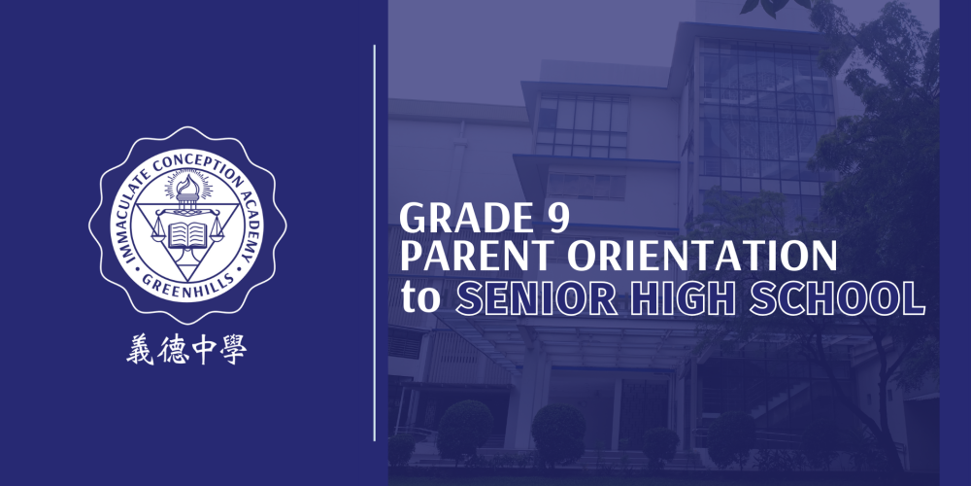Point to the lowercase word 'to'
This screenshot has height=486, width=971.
click(x=421, y=297)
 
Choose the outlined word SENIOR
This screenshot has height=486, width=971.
click(x=535, y=297)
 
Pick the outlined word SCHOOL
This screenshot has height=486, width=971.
click(x=837, y=297)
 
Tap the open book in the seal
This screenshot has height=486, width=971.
click(x=187, y=234)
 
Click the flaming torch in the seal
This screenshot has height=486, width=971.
click(x=187, y=189)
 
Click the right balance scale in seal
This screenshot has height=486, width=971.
click(x=217, y=228)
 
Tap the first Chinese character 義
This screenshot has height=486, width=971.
click(x=139, y=350)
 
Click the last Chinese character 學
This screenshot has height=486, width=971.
click(x=233, y=350)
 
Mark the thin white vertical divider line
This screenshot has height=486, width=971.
click(x=375, y=243)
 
